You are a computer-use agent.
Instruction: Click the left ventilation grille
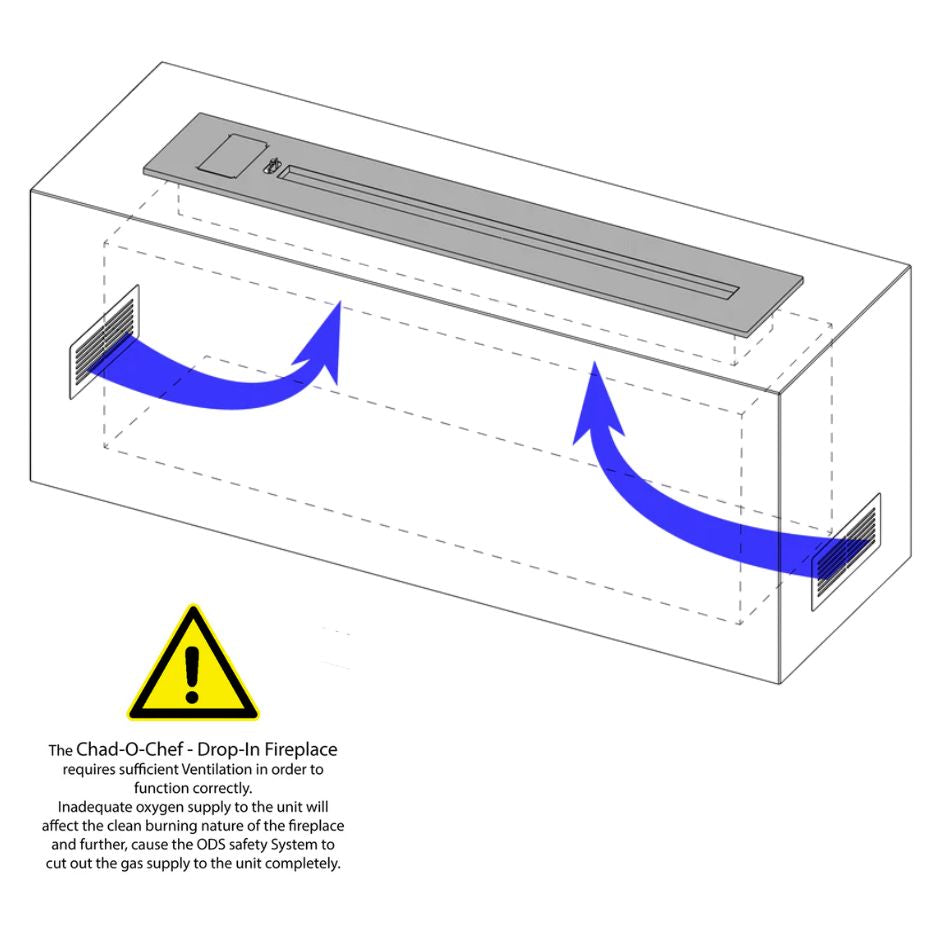(x=105, y=342)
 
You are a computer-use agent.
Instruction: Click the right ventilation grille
(x=846, y=551)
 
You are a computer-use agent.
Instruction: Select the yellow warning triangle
(x=193, y=663)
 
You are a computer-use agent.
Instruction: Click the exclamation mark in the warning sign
(x=192, y=674)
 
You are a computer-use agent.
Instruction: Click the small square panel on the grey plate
(x=233, y=155)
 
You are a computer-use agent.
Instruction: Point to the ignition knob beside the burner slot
(x=272, y=166)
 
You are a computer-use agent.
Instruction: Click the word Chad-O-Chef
(x=130, y=750)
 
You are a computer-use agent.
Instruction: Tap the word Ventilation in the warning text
(x=217, y=770)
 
